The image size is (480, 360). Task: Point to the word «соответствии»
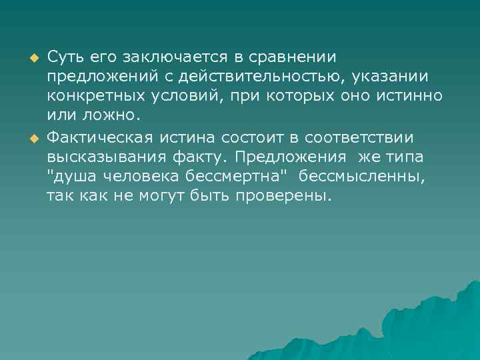tap(358, 137)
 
